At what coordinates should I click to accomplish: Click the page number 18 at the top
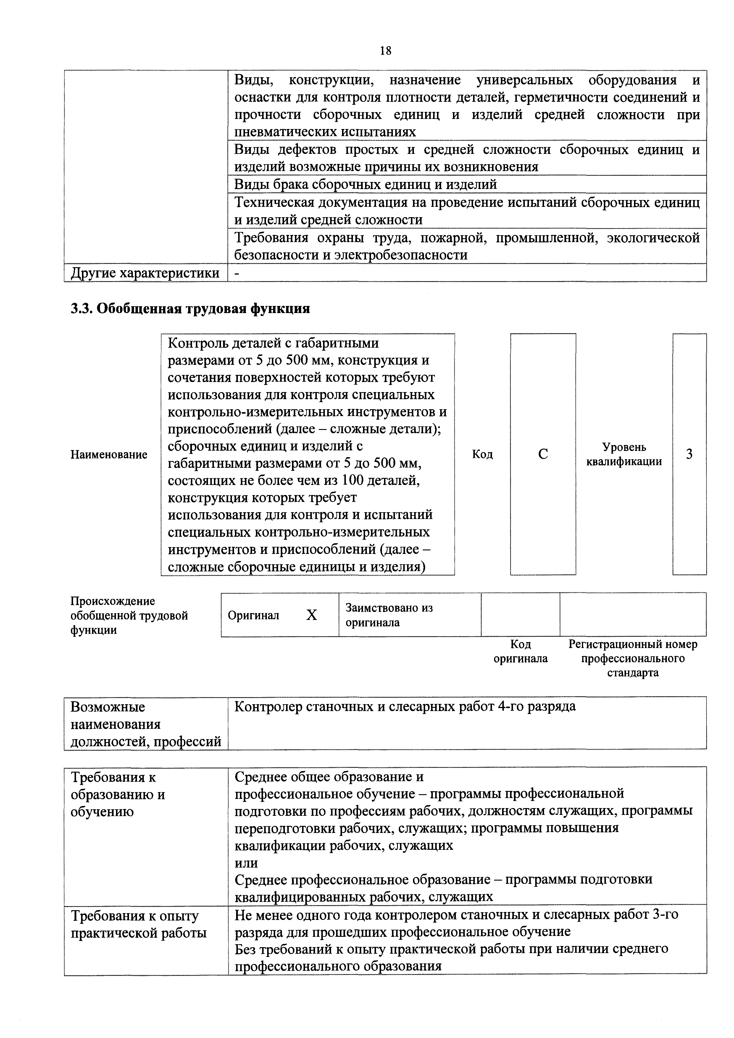[385, 51]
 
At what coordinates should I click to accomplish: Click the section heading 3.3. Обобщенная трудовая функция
[190, 309]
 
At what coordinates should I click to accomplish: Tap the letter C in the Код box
[543, 454]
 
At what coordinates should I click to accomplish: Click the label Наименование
[109, 454]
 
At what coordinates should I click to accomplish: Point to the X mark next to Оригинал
[312, 615]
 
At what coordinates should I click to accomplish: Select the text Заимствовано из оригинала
[389, 615]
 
